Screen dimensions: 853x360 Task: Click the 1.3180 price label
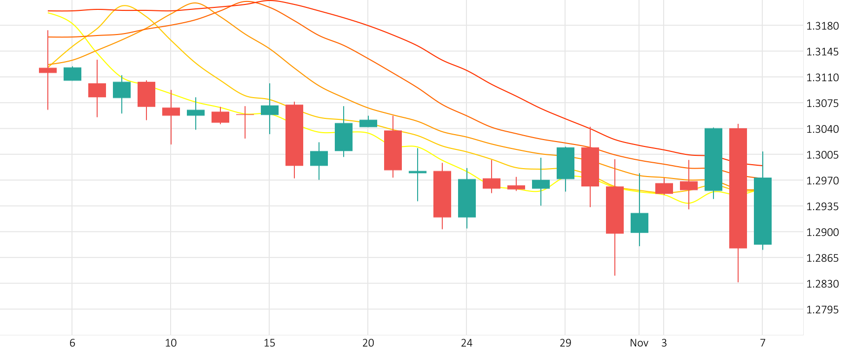(822, 26)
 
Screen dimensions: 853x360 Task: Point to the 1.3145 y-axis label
(822, 52)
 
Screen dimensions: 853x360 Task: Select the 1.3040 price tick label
(822, 129)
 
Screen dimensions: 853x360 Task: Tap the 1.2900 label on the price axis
(822, 232)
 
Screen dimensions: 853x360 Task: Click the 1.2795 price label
(822, 310)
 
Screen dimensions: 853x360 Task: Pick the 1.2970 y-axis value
(822, 181)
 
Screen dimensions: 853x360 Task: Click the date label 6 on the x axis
(72, 343)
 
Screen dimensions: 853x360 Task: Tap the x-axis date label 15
(269, 343)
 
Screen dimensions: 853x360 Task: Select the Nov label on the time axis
(639, 343)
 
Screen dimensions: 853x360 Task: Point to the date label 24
(466, 343)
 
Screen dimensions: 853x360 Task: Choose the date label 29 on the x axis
(566, 343)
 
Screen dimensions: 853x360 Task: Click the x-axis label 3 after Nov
(664, 343)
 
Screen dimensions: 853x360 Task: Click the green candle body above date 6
(72, 74)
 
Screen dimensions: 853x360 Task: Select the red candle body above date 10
(171, 111)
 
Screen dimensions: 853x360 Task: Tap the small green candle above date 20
(368, 123)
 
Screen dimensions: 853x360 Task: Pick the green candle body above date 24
(467, 198)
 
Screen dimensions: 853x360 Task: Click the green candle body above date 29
(566, 163)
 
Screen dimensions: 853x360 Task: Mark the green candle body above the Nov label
(640, 223)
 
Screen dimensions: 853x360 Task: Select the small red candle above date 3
(664, 188)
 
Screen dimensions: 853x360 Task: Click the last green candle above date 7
(763, 211)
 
